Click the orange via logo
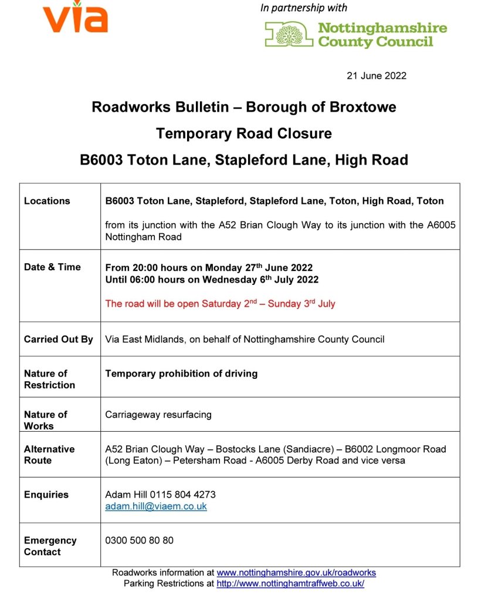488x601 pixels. (75, 18)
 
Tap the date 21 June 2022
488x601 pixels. (376, 76)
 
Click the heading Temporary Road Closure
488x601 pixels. (243, 133)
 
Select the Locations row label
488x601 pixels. (47, 201)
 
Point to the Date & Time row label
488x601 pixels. (52, 267)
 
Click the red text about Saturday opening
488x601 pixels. (220, 304)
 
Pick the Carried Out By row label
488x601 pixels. (58, 339)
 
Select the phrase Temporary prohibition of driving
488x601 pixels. (181, 373)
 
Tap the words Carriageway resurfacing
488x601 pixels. (158, 414)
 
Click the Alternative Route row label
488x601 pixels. (49, 455)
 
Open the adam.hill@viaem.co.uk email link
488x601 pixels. (155, 506)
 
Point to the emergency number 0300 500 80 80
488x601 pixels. (139, 540)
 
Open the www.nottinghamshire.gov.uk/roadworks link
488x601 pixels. (296, 572)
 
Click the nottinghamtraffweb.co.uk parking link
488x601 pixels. (290, 583)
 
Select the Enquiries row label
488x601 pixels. (46, 495)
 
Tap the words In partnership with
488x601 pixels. (303, 8)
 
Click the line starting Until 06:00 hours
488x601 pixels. (212, 280)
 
